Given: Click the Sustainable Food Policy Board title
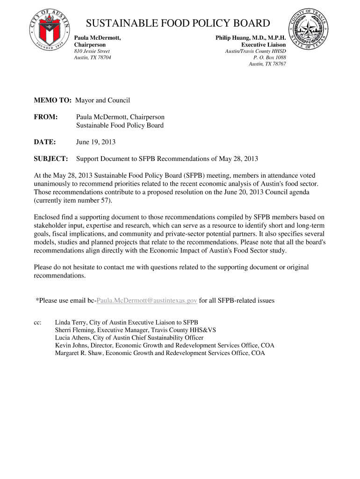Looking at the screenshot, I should pos(178,23).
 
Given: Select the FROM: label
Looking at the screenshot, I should pos(46,116).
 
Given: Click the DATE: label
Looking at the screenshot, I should pos(45,142).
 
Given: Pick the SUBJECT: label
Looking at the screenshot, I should pos(51,159).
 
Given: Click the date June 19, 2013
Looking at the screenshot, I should pos(96,142).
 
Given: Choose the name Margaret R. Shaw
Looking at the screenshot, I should pos(79,353).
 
